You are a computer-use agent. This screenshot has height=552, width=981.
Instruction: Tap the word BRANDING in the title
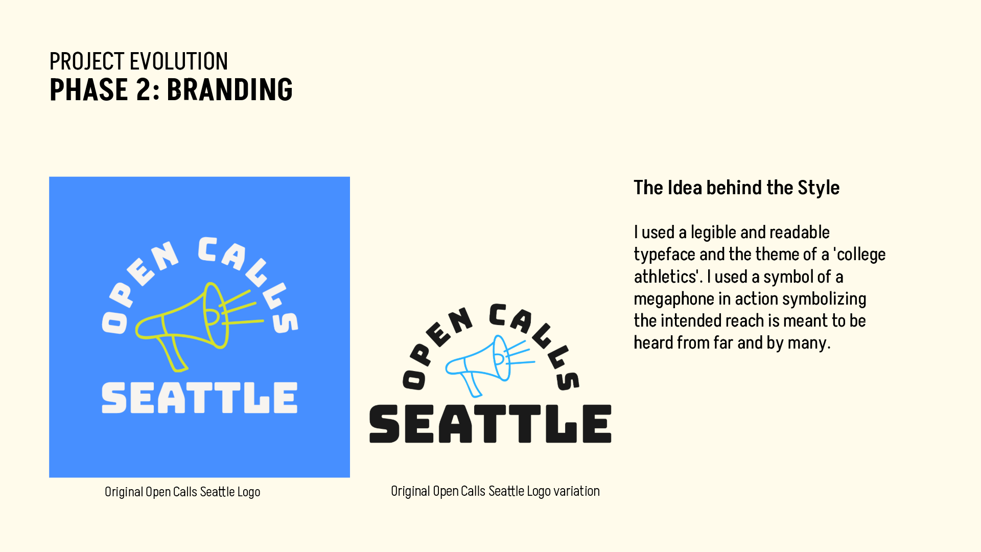[x=229, y=90]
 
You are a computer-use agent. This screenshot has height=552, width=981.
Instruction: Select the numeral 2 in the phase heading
[x=144, y=90]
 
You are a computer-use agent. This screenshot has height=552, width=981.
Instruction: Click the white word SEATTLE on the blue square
[x=199, y=398]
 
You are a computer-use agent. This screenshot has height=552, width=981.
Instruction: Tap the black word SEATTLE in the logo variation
[x=490, y=424]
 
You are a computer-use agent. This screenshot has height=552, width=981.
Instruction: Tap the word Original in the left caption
[x=124, y=492]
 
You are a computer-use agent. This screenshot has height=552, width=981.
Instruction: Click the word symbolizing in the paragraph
[x=824, y=300]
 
